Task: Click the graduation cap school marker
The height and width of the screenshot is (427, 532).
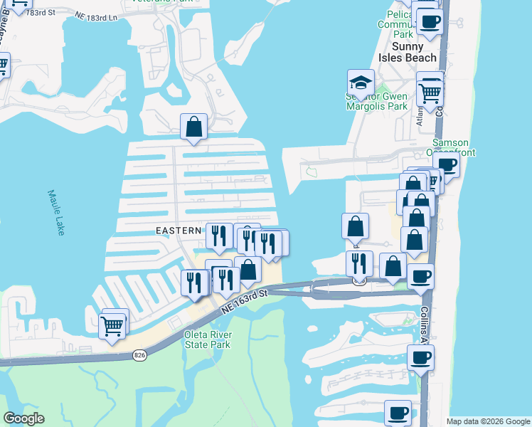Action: pos(361,83)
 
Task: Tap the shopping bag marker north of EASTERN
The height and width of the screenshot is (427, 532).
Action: pos(193,127)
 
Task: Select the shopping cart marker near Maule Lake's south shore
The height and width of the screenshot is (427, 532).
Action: pos(113,325)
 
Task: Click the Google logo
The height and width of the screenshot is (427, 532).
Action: pos(23,418)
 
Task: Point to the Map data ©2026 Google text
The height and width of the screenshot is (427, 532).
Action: pos(487,421)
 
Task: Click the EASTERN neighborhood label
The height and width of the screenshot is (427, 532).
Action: pos(179,230)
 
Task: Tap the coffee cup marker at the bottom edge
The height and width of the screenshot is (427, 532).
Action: pos(398,412)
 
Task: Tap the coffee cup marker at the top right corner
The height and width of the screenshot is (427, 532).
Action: pos(429,21)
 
